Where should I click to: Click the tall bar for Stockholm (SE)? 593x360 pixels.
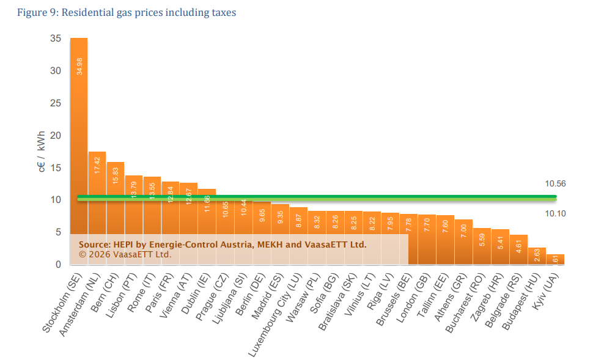[x=79, y=147]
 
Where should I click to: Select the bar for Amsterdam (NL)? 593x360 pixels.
[x=97, y=202]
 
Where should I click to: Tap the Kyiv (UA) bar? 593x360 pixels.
[x=555, y=260]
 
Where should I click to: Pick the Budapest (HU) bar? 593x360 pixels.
[x=537, y=256]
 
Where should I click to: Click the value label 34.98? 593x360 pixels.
[x=79, y=67]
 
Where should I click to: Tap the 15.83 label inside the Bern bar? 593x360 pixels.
[x=116, y=176]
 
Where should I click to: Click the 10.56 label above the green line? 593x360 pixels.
[x=555, y=183]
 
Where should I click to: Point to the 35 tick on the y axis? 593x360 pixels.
[x=56, y=39]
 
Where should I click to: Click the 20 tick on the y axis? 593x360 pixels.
[x=56, y=135]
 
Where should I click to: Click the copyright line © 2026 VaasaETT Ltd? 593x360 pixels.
[x=125, y=254]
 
